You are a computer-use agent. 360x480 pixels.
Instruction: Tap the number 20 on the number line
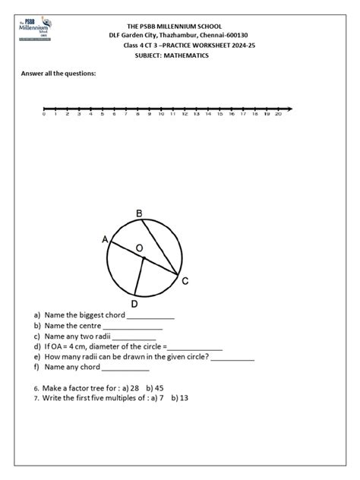(x=279, y=114)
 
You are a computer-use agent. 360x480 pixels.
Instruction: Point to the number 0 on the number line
(x=44, y=114)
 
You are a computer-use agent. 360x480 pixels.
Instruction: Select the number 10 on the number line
(x=161, y=114)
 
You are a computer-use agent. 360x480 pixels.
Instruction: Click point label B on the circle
(x=139, y=214)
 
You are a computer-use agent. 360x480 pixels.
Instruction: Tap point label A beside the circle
(x=105, y=239)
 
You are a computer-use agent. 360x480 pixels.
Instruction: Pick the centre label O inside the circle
(x=138, y=248)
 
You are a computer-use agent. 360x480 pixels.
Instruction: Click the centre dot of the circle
(x=142, y=258)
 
